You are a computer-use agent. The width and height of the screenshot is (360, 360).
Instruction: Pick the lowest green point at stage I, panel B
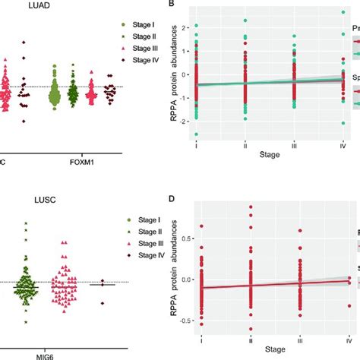197,134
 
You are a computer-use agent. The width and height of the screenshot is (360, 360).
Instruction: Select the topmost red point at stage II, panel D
251,207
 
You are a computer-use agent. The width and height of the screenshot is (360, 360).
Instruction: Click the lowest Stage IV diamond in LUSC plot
102,302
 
